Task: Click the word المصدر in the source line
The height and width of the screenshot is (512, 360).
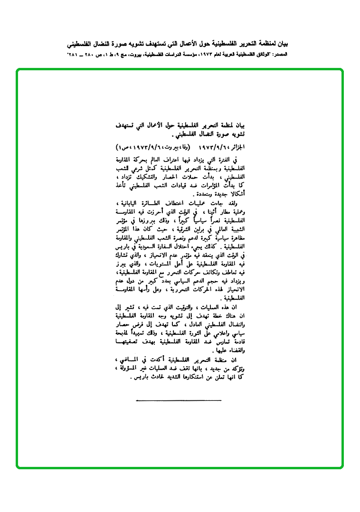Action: [x=279, y=55]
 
